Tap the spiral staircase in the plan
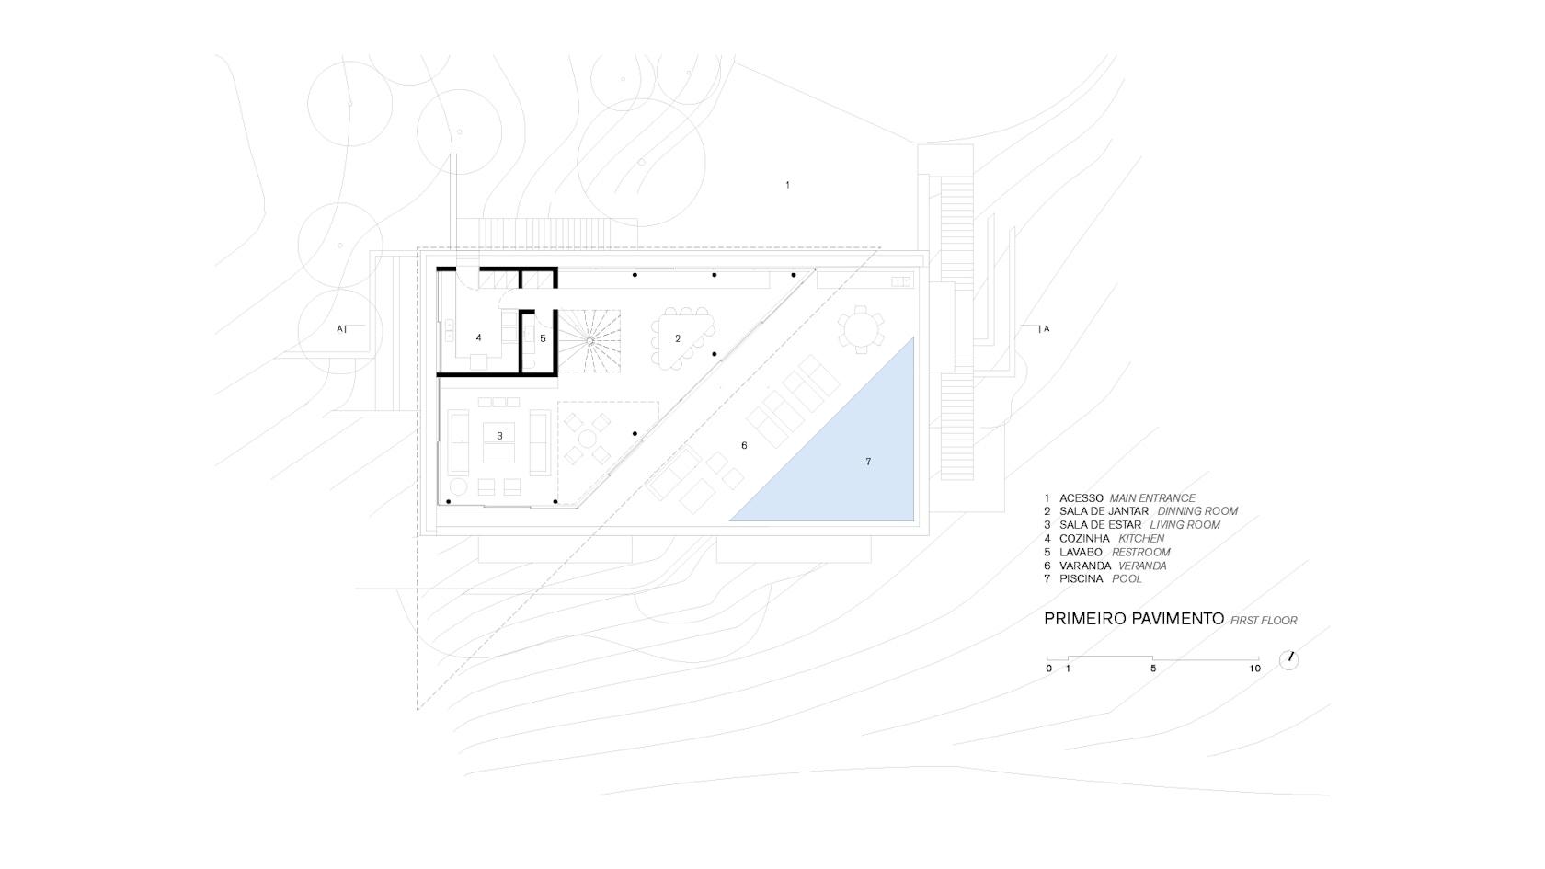click(589, 340)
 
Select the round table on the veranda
click(861, 329)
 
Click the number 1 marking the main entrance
click(787, 185)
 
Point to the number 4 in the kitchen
click(478, 338)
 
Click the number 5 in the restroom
click(543, 338)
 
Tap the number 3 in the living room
click(500, 436)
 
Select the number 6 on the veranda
click(744, 445)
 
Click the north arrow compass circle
click(1288, 660)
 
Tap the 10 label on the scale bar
click(1254, 669)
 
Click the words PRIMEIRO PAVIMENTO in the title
click(1134, 619)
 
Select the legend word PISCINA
click(1081, 579)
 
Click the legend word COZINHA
click(1084, 539)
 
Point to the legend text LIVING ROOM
click(1184, 525)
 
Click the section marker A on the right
click(1047, 329)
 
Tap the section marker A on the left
click(339, 329)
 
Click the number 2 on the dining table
click(678, 338)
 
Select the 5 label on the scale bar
click(1153, 669)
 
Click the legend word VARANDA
click(1085, 566)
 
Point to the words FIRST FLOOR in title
click(1264, 621)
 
